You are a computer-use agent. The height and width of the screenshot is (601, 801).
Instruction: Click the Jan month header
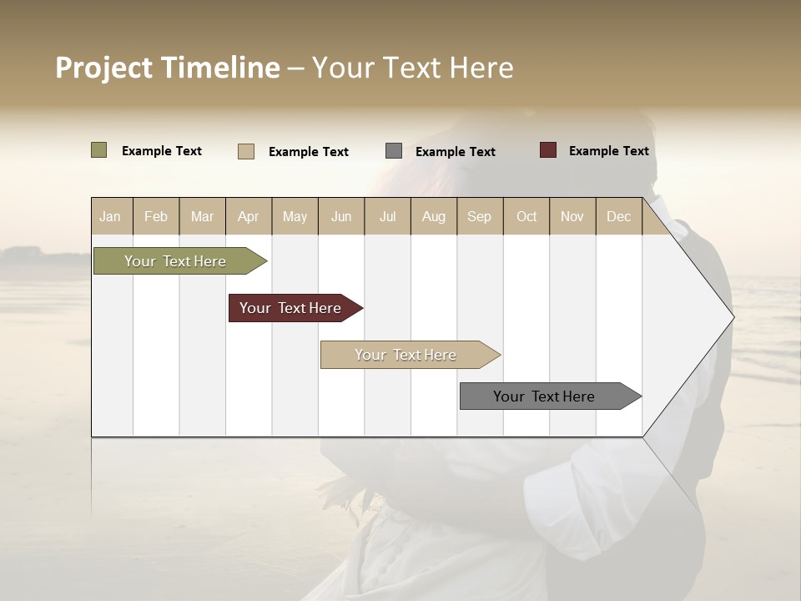pos(110,216)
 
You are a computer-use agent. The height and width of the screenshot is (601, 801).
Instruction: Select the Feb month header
pos(156,216)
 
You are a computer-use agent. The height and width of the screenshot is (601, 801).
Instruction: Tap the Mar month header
pos(202,216)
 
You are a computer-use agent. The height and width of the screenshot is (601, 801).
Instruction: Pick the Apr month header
pos(249,216)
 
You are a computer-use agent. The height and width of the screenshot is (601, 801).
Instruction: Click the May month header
pos(295,216)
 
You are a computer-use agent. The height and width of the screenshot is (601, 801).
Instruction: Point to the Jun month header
pos(341,216)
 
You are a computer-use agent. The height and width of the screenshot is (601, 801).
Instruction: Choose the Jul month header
pos(387,216)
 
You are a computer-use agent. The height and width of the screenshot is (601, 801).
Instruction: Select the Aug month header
pos(434,216)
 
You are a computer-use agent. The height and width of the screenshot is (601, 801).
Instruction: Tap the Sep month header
pos(480,216)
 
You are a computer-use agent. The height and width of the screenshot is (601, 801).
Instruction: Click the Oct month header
pos(526,216)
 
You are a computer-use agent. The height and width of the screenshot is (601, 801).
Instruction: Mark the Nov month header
pos(572,216)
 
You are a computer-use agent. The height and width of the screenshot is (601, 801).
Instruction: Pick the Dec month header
pos(619,216)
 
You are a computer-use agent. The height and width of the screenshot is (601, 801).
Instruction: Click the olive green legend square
pos(99,150)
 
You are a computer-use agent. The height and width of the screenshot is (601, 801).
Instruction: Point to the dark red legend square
pos(548,150)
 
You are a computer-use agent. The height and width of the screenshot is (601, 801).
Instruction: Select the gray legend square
pos(394,151)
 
